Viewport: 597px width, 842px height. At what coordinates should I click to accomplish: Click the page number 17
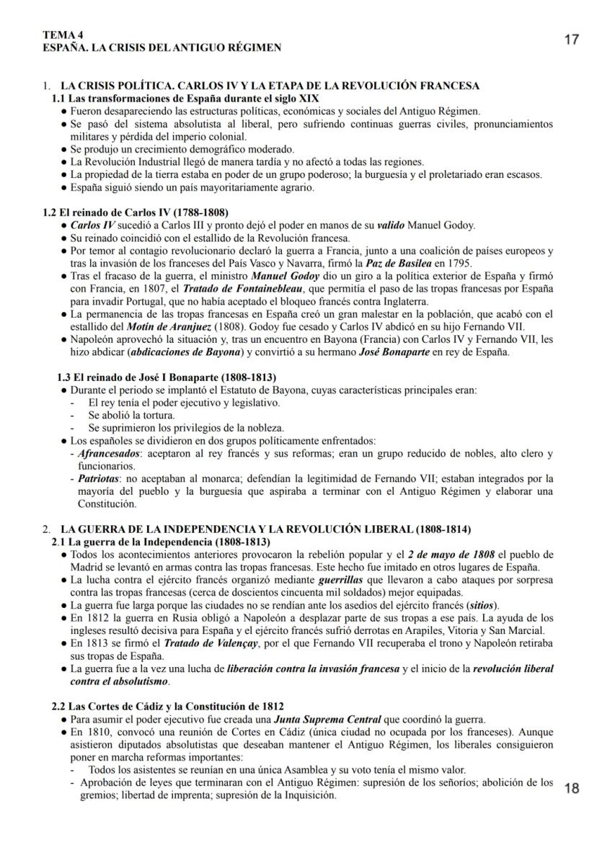click(x=570, y=40)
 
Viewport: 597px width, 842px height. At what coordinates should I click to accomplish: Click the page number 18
click(x=571, y=788)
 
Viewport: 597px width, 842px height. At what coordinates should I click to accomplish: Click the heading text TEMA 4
click(x=62, y=35)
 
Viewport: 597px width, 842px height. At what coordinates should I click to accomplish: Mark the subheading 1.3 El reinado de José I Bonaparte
click(x=167, y=377)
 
